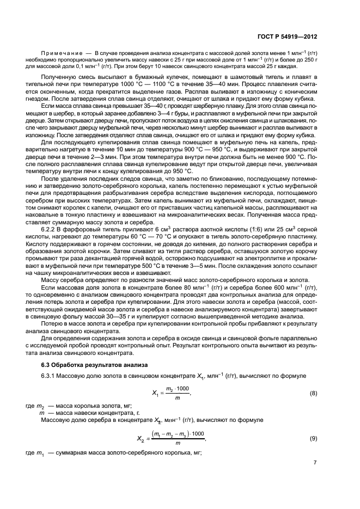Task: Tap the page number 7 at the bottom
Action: click(x=315, y=462)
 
